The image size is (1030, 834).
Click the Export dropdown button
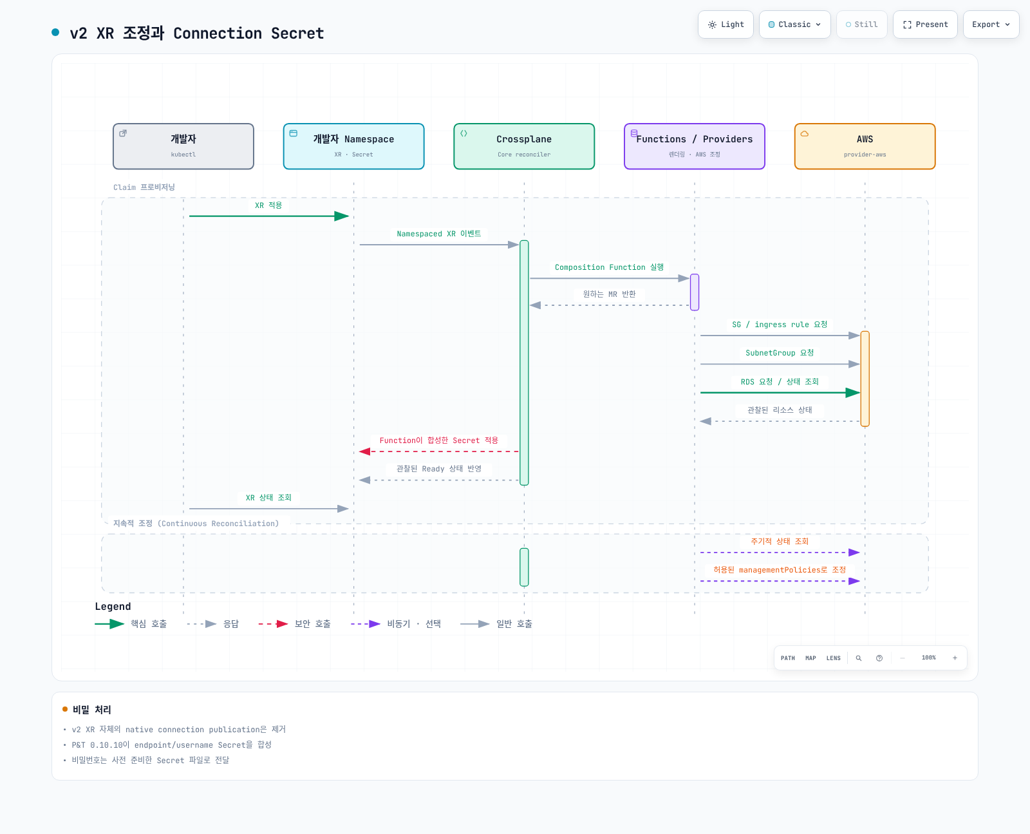click(x=990, y=24)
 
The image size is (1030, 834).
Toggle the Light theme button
click(x=726, y=24)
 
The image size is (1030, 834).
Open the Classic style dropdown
click(x=794, y=24)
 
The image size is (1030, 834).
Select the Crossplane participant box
click(x=524, y=146)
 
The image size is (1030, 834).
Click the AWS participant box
click(x=865, y=146)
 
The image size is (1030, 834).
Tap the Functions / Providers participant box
click(x=695, y=146)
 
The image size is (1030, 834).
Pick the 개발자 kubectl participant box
click(x=183, y=146)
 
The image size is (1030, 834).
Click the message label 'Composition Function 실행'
click(x=609, y=267)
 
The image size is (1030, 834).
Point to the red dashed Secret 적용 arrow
click(x=439, y=451)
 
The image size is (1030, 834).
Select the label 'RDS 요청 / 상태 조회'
click(x=780, y=382)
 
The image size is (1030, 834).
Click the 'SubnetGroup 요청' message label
click(x=780, y=353)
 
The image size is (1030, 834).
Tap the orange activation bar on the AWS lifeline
click(x=865, y=379)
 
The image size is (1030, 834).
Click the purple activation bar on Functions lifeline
click(x=695, y=292)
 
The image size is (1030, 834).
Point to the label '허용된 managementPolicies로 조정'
click(x=780, y=570)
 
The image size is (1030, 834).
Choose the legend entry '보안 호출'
click(x=294, y=623)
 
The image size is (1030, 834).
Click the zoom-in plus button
click(x=955, y=658)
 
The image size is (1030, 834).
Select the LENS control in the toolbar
click(x=833, y=658)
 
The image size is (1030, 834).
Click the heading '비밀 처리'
click(x=92, y=709)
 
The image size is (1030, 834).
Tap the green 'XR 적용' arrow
click(x=269, y=216)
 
